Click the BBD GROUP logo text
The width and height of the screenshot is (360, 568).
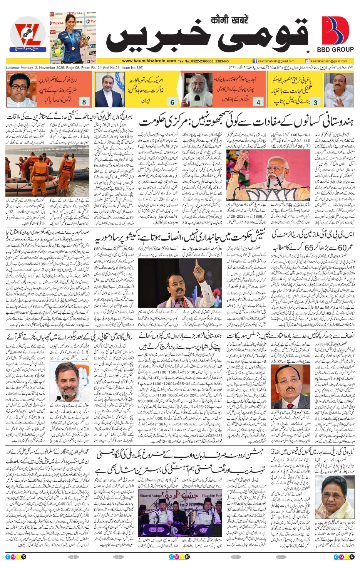(335, 49)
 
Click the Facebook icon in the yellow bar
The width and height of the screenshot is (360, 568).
(255, 61)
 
